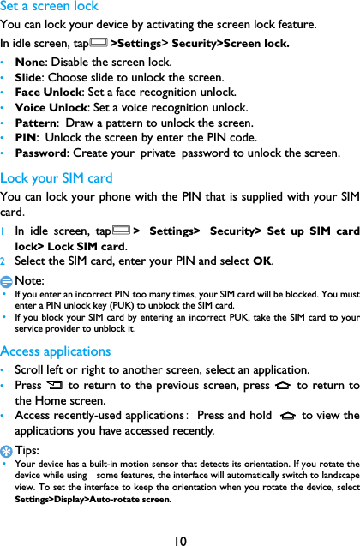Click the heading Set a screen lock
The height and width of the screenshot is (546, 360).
point(49,6)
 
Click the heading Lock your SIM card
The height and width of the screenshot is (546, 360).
point(57,178)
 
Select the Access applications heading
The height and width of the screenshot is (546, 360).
point(56,351)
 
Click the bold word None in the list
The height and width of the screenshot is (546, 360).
point(32,63)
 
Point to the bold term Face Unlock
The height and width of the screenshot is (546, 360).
point(48,93)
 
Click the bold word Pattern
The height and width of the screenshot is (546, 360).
point(37,124)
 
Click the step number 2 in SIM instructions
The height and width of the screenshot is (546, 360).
point(4,262)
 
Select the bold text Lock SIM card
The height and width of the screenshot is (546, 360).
point(87,247)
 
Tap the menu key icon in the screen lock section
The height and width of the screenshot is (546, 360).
point(99,43)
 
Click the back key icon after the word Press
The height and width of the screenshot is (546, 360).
point(56,386)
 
